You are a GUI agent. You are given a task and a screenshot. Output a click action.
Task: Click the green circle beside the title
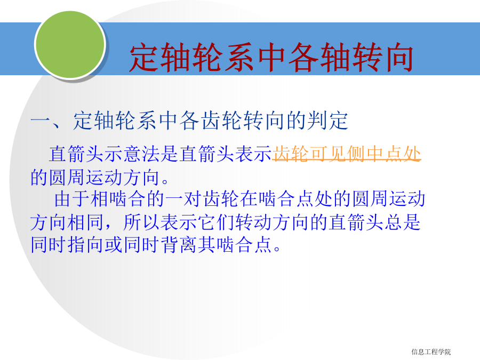70,44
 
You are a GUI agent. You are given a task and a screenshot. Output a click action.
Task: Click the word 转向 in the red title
382,58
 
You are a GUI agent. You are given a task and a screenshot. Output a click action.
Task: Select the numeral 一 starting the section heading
41,121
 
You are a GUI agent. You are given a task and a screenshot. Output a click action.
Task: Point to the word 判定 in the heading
327,121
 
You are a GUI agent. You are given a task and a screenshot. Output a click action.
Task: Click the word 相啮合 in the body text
118,199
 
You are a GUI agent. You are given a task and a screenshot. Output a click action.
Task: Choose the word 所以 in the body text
141,222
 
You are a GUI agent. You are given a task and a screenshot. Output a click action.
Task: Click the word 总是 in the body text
403,222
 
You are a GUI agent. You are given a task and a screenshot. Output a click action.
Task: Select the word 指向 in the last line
86,245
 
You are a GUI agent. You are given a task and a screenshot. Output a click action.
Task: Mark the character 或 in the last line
114,245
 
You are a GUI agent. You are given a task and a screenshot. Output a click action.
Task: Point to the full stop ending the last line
277,249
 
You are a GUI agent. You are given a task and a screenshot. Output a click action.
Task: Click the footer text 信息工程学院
431,352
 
